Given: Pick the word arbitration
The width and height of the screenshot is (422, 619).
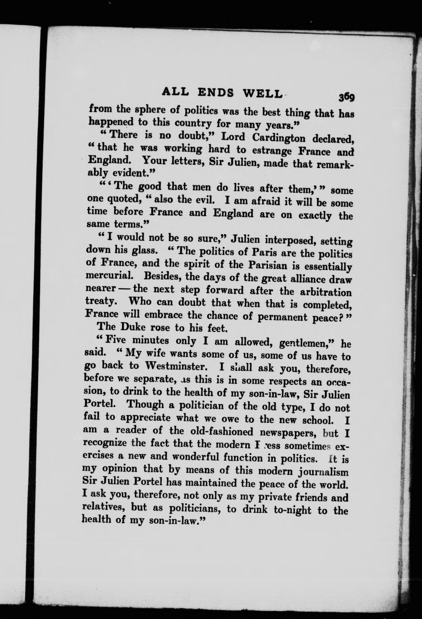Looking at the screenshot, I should [x=326, y=292].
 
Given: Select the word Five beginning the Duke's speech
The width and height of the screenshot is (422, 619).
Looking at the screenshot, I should [x=116, y=340].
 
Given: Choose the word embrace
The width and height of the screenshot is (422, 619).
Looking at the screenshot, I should [x=163, y=315].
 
